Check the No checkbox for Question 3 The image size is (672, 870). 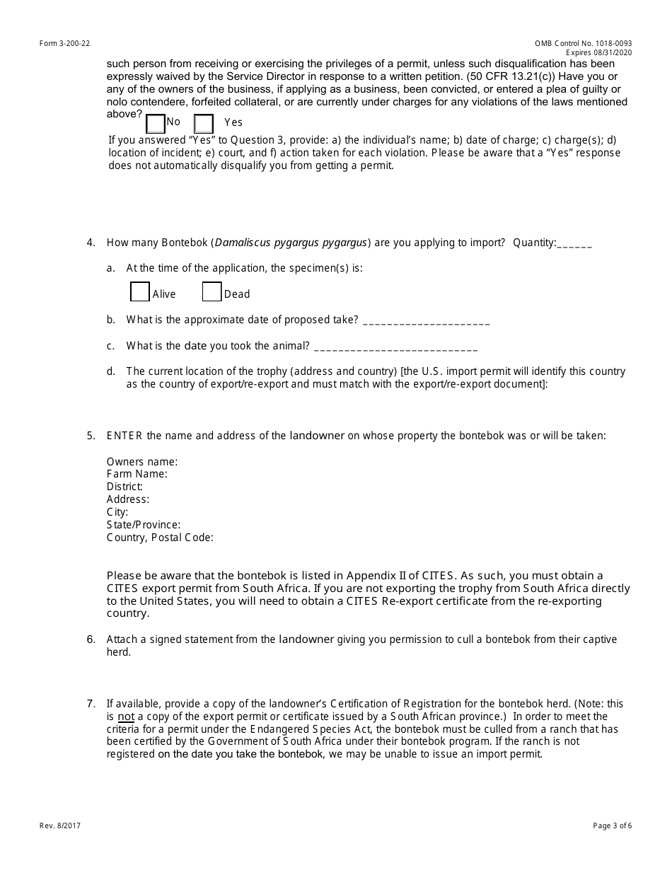156,124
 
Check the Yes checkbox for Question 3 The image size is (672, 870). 204,124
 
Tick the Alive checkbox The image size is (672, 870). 140,292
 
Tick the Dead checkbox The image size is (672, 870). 212,292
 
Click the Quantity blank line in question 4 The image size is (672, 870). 574,244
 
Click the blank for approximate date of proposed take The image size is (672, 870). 426,320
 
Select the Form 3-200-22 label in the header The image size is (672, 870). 65,44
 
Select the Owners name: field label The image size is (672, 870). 141,462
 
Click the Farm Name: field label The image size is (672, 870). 137,474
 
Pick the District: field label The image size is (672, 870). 124,487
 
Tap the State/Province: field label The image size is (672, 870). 144,525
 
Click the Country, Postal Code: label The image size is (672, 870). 160,538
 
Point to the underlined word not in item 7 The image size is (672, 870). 126,717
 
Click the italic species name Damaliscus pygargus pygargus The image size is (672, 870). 291,243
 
